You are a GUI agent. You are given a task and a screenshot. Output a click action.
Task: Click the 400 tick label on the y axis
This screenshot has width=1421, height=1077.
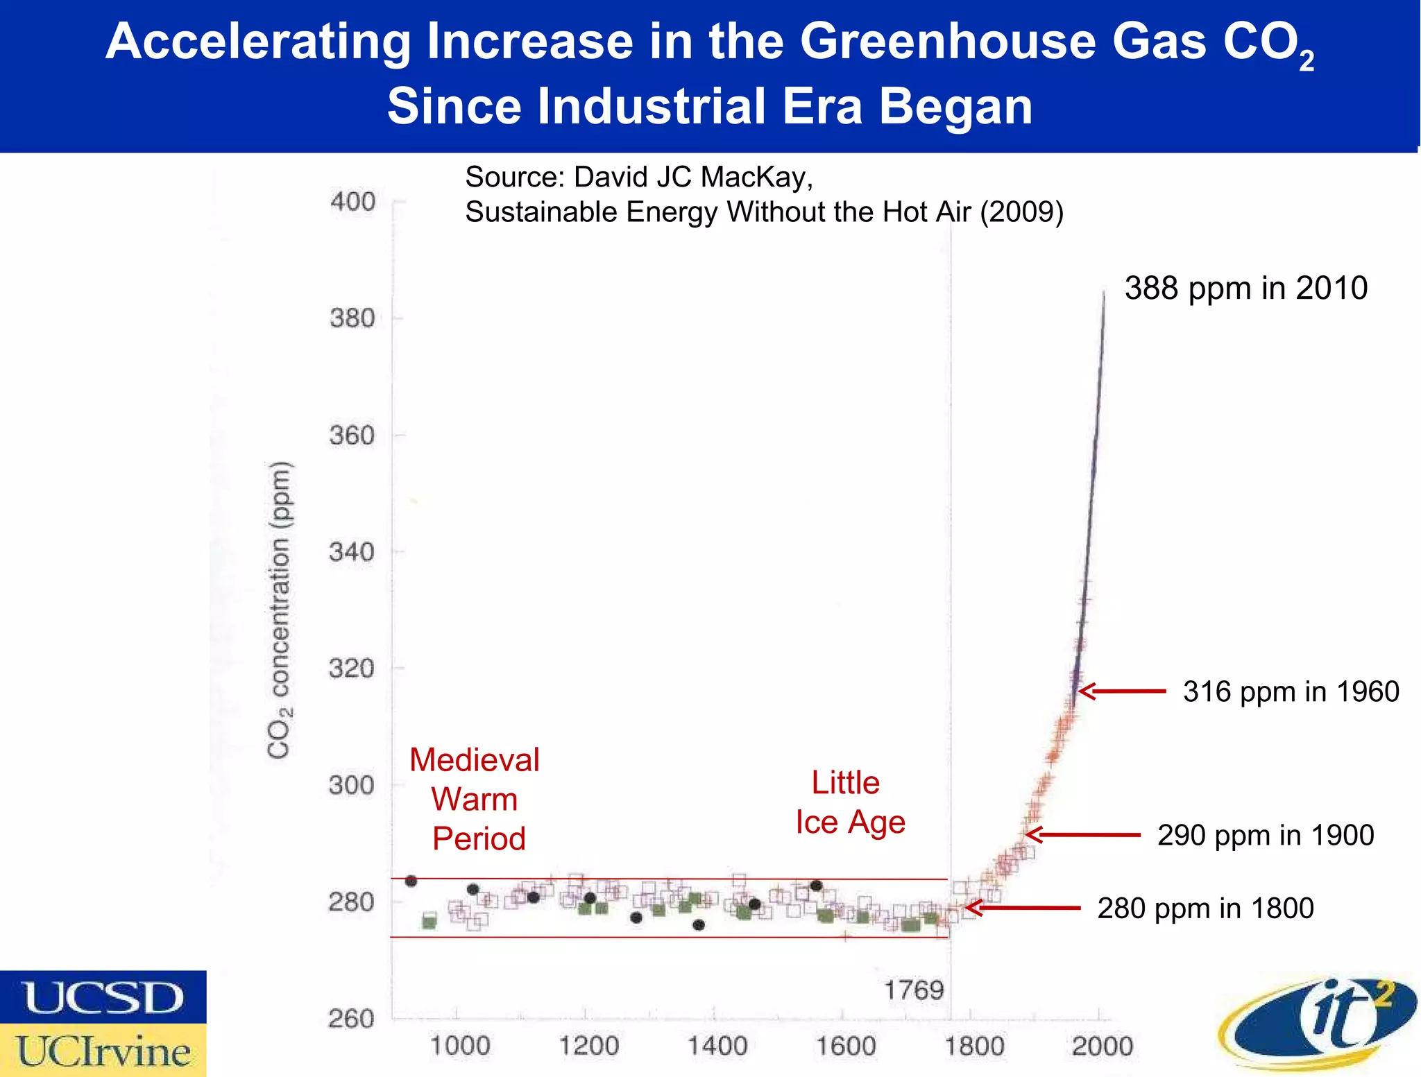[x=352, y=202]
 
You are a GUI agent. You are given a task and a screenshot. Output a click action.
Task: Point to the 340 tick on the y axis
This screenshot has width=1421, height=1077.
[x=352, y=552]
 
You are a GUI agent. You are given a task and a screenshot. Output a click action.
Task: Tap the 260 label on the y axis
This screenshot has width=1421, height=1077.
[x=351, y=1019]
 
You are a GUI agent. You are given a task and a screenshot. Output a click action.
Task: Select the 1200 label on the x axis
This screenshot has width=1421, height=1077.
[x=588, y=1046]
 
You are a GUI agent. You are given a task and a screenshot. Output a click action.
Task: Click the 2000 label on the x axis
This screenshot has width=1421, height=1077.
[x=1102, y=1046]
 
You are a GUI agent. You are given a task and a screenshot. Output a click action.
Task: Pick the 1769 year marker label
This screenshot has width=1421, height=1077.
[x=914, y=990]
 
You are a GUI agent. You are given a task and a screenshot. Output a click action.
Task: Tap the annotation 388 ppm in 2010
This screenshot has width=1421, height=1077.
[x=1245, y=288]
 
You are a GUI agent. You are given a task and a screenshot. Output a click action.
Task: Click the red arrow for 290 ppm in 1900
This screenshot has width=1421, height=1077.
[x=1082, y=835]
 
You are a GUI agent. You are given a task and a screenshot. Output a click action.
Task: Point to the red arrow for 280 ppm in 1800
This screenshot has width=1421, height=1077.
[x=1022, y=908]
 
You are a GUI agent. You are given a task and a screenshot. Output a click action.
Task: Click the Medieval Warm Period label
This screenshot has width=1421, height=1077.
[x=475, y=799]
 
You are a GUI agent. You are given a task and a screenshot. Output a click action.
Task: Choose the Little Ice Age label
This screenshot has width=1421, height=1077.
[x=849, y=802]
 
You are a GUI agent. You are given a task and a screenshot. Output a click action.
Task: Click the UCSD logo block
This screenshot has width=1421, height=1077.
[x=103, y=997]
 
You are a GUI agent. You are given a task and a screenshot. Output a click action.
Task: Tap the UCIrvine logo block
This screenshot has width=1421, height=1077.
[x=103, y=1051]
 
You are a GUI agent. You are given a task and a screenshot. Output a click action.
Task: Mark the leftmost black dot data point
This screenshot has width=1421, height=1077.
[x=411, y=881]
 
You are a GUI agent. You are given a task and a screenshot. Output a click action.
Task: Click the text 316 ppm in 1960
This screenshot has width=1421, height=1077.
[x=1291, y=691]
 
